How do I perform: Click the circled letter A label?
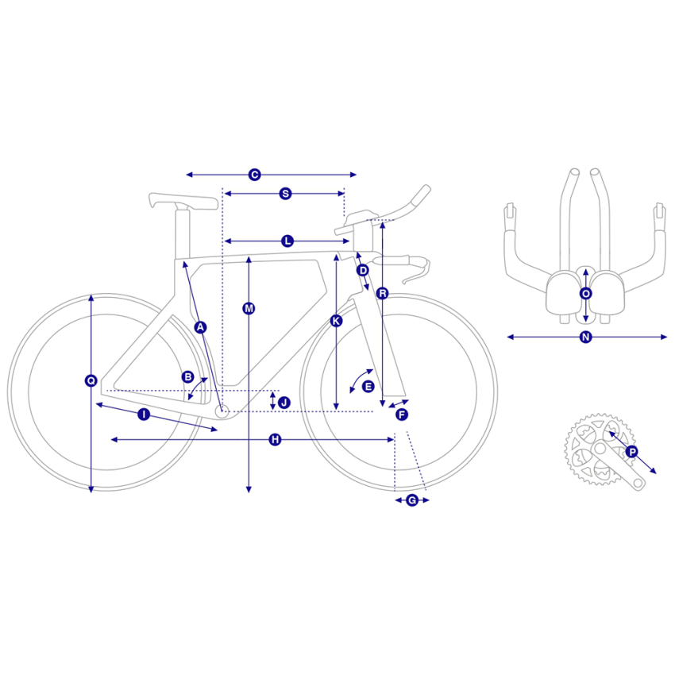coord(200,328)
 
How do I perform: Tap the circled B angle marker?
coord(187,377)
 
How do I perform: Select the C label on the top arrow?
coord(254,175)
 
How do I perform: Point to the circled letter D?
coord(364,270)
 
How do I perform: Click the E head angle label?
coord(368,387)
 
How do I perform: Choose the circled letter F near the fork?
coord(402,415)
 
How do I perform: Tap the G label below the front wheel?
coord(412,500)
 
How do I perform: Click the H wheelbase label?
coord(275,439)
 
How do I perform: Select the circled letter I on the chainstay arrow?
coord(144,415)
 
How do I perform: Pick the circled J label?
coord(283,403)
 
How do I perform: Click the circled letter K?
coord(336,321)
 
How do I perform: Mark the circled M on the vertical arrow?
coord(249,308)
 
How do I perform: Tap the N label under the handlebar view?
coord(585,337)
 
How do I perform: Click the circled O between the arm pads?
coord(585,294)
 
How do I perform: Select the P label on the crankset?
coord(632,452)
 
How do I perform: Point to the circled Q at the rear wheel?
coord(91,380)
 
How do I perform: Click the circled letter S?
coord(285,194)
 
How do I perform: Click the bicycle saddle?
coord(183,202)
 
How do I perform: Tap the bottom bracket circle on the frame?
coord(222,411)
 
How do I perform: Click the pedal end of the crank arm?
coord(638,483)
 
